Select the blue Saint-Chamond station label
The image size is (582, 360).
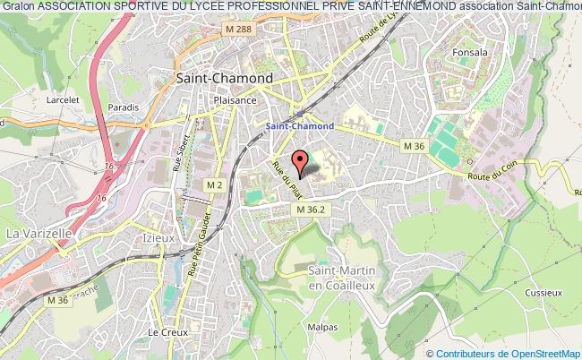[301, 126]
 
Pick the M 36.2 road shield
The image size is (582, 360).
[313, 209]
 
